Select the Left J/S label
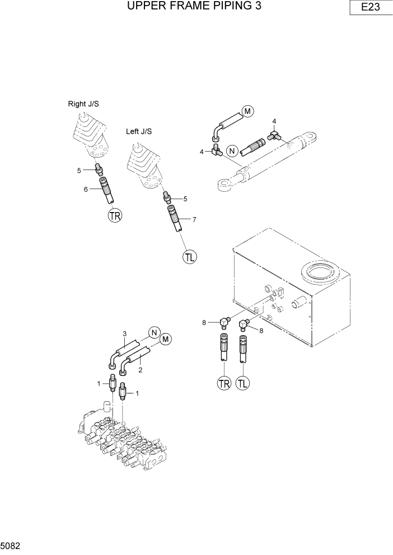point(139,131)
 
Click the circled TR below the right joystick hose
point(115,215)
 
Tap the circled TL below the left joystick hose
point(190,257)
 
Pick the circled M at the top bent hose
point(247,111)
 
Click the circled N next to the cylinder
point(231,150)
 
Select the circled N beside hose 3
point(155,333)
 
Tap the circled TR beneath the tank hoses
point(224,383)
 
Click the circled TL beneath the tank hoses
point(244,383)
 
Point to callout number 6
point(86,190)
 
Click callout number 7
point(194,219)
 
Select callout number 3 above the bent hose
point(125,334)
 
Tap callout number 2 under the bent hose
point(140,370)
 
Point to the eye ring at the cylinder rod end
point(223,184)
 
